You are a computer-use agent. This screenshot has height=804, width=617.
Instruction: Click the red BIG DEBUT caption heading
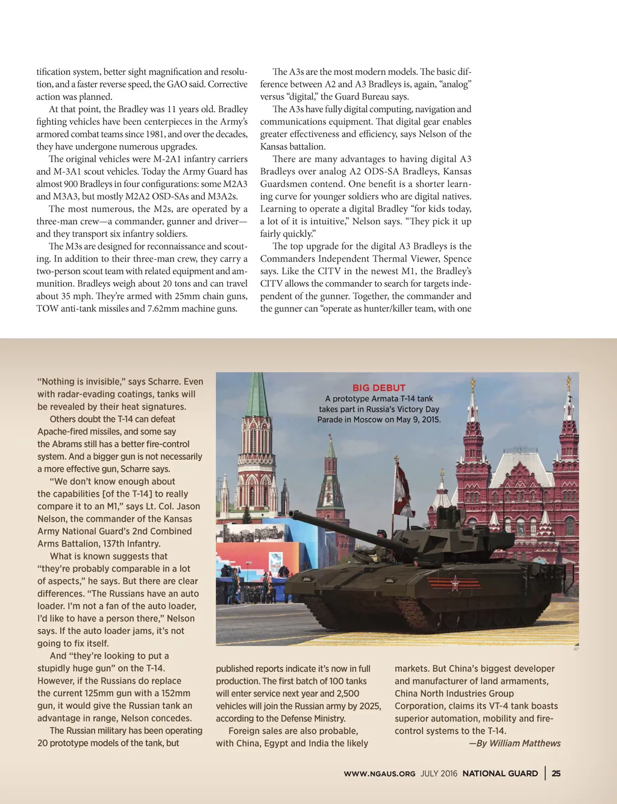point(379,388)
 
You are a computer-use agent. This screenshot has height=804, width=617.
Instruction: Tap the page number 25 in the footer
point(556,773)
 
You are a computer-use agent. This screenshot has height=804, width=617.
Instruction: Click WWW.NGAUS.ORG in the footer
point(380,774)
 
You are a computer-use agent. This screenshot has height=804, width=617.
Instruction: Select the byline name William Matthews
point(525,743)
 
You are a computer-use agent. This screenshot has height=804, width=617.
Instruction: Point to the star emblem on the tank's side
point(455,583)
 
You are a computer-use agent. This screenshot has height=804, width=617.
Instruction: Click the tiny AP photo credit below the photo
point(576,649)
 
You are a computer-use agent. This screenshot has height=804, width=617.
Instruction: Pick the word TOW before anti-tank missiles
point(47,309)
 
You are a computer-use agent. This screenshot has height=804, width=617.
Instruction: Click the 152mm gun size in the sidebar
point(175,693)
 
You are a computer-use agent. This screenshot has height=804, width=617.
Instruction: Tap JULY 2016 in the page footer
point(439,774)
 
